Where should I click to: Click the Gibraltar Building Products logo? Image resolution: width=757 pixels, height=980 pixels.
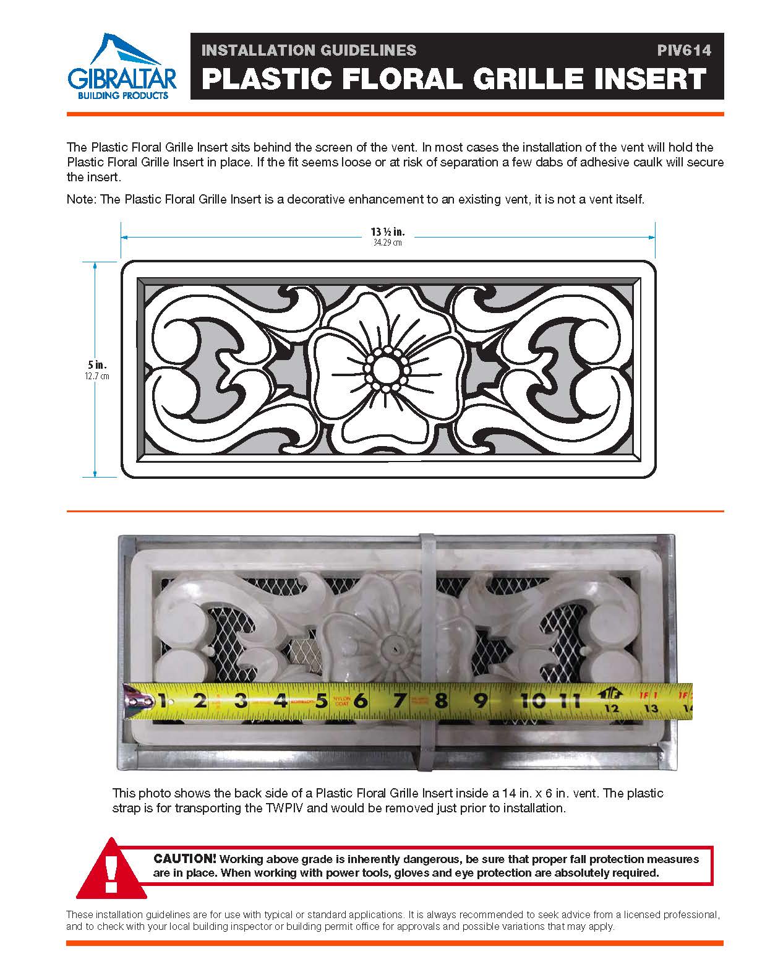(x=121, y=67)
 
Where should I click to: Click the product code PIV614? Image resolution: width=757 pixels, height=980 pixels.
(x=684, y=50)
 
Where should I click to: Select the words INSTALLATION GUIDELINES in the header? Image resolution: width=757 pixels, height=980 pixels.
(x=309, y=50)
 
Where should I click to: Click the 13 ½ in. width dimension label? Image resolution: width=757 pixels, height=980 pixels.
(x=388, y=232)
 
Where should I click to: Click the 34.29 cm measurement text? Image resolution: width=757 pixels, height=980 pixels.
(x=388, y=243)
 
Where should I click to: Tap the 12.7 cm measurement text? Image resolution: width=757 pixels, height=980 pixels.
(x=97, y=376)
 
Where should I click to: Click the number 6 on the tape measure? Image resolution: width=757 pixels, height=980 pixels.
(x=361, y=701)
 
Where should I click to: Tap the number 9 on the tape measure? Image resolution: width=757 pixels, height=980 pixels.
(x=481, y=701)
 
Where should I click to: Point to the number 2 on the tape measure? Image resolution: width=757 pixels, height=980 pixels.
(x=200, y=701)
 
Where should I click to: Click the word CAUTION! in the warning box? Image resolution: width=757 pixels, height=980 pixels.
(x=185, y=859)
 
